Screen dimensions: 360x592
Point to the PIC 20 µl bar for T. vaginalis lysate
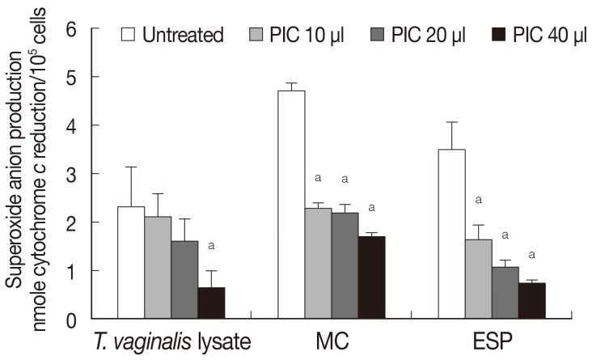click(x=184, y=279)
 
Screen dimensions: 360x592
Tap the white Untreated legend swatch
click(x=128, y=35)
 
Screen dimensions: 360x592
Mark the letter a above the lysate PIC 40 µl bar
click(x=210, y=244)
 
